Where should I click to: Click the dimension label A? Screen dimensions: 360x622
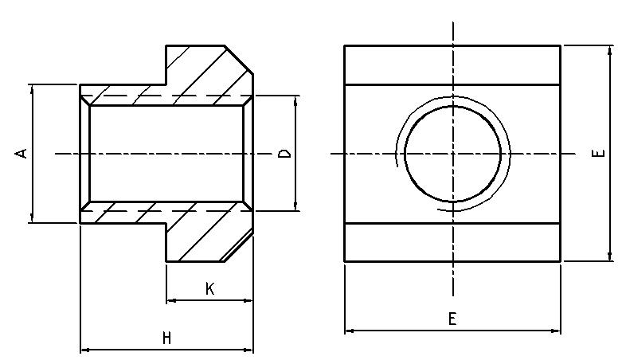[x=24, y=152]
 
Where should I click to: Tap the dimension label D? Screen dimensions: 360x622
[x=284, y=153]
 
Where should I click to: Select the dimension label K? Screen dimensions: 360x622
[x=209, y=289]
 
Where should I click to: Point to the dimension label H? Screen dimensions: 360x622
[x=166, y=338]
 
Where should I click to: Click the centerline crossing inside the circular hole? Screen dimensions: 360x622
[x=452, y=153]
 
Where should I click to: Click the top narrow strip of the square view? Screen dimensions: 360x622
[x=452, y=65]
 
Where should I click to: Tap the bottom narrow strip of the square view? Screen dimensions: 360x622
[x=452, y=241]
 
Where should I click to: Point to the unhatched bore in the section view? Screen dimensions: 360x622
[x=166, y=153]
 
